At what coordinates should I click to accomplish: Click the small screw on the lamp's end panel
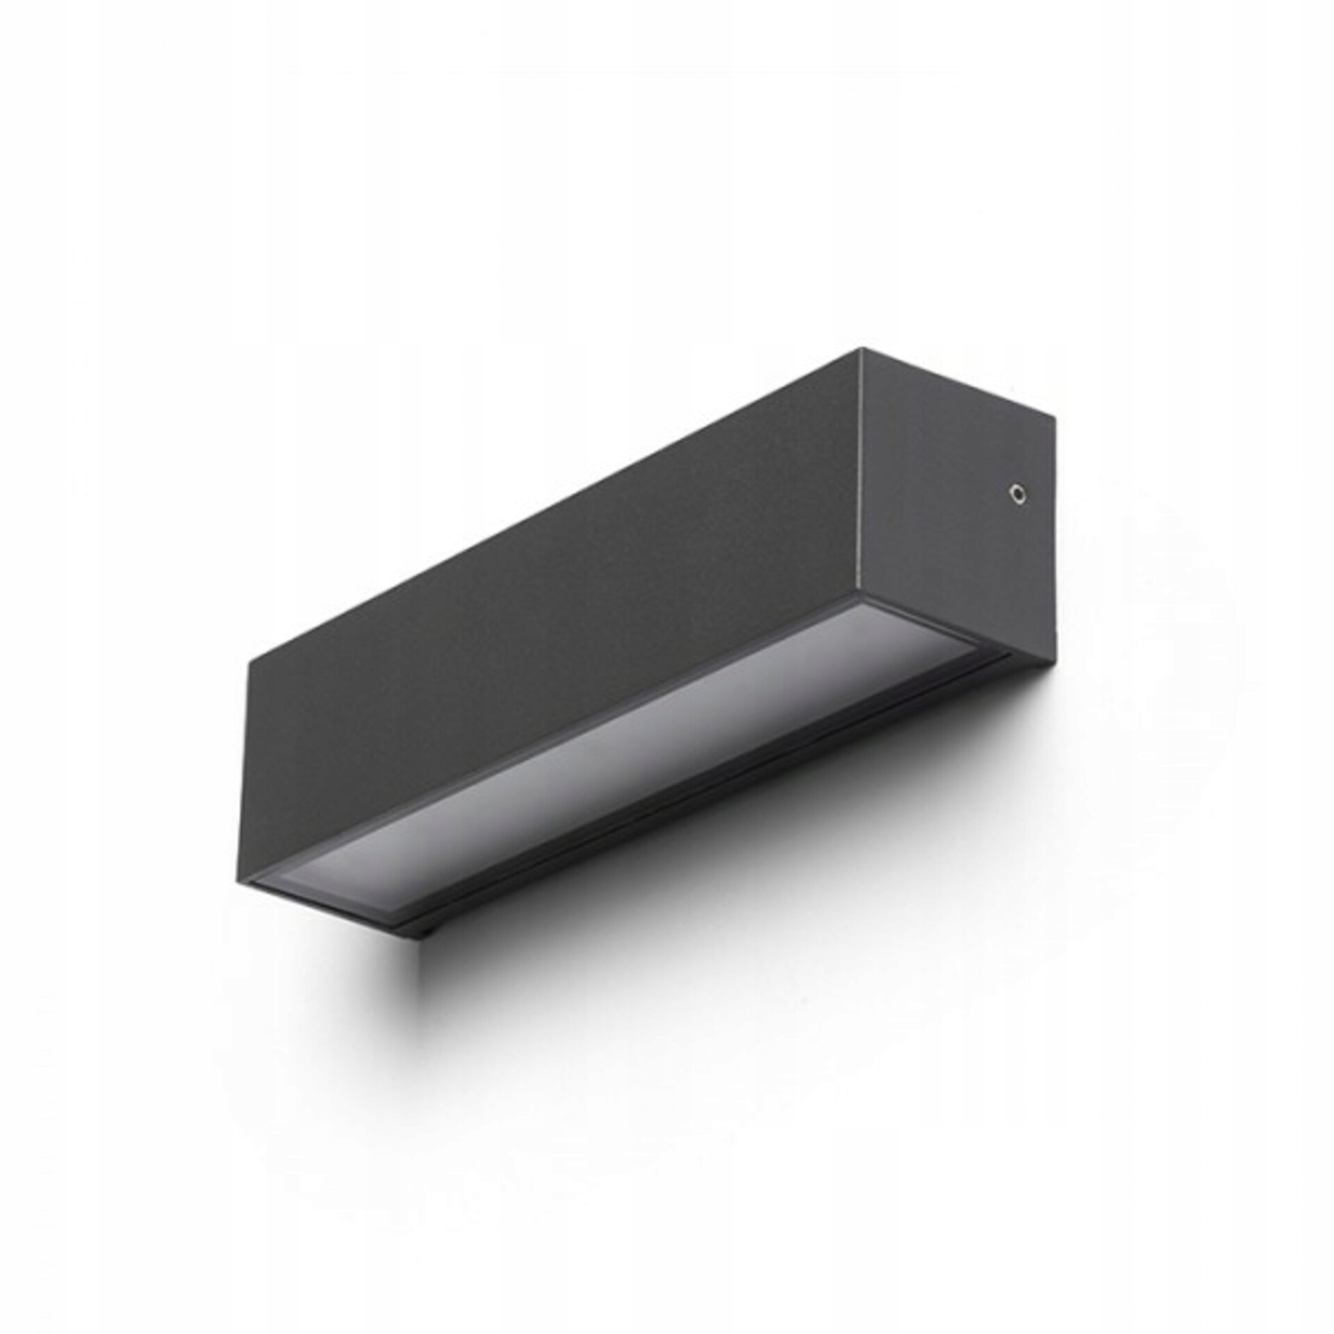click(x=1016, y=493)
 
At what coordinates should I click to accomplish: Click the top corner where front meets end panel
click(x=861, y=349)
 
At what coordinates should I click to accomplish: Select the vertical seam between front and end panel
click(x=861, y=472)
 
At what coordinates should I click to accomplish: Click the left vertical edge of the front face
click(x=249, y=764)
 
